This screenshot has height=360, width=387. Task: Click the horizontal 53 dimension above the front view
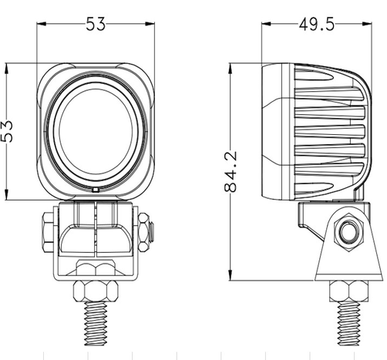tap(96, 25)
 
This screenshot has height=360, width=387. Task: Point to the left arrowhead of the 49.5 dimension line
tap(267, 25)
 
